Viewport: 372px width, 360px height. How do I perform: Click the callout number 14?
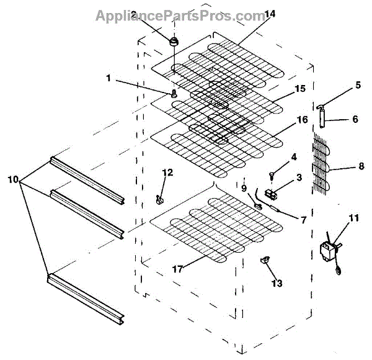point(270,14)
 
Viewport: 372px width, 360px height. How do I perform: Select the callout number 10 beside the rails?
point(13,179)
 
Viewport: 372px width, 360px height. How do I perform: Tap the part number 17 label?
point(178,269)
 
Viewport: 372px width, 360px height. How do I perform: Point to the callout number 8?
point(361,166)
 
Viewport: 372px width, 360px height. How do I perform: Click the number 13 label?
point(277,283)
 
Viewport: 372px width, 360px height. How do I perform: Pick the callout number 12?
point(167,173)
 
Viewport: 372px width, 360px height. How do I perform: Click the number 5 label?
point(358,85)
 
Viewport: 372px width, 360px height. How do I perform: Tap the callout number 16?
point(303,119)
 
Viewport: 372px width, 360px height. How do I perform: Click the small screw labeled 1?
point(174,93)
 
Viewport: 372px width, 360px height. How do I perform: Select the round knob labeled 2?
point(174,42)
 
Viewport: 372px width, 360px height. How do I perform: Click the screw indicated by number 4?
point(271,176)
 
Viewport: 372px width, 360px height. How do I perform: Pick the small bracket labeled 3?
point(270,194)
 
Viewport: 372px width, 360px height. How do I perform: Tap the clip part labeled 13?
point(265,259)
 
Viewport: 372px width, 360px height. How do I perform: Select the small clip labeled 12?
point(160,199)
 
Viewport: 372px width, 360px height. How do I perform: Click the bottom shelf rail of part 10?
point(86,298)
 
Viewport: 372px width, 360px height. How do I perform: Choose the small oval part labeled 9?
point(258,206)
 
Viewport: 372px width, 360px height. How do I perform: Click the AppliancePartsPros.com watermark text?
point(181,16)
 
